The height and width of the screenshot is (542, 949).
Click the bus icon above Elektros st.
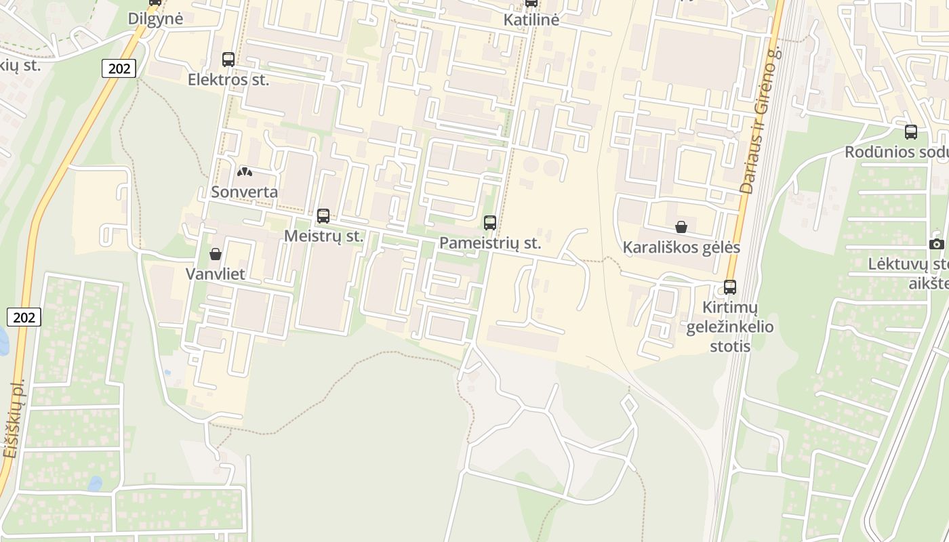pos(228,60)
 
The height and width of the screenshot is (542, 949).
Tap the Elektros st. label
pos(228,80)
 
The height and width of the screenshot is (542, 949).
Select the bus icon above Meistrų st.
pos(323,216)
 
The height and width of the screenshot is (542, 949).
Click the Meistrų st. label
pos(324,236)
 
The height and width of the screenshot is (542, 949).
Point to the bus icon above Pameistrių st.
pos(490,222)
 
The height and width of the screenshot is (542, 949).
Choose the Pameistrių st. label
pos(490,243)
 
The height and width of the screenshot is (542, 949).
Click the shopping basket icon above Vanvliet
pos(216,254)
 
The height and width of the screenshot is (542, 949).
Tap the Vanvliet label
pos(216,274)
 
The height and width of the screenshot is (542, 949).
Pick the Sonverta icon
pos(244,172)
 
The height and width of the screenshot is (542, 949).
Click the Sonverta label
pos(244,192)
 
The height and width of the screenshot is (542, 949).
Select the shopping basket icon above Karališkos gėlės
pos(681,227)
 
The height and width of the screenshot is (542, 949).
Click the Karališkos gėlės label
pos(681,247)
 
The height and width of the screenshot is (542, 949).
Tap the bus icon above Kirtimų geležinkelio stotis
pos(730,287)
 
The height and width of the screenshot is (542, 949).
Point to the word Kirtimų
pos(730,308)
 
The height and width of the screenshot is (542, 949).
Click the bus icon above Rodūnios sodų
pos(911,132)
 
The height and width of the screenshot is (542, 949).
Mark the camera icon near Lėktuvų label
pos(937,244)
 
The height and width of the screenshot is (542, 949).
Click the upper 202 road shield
pos(120,68)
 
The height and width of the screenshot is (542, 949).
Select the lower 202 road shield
pos(24,316)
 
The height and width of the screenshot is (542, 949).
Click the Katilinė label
pos(531,20)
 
